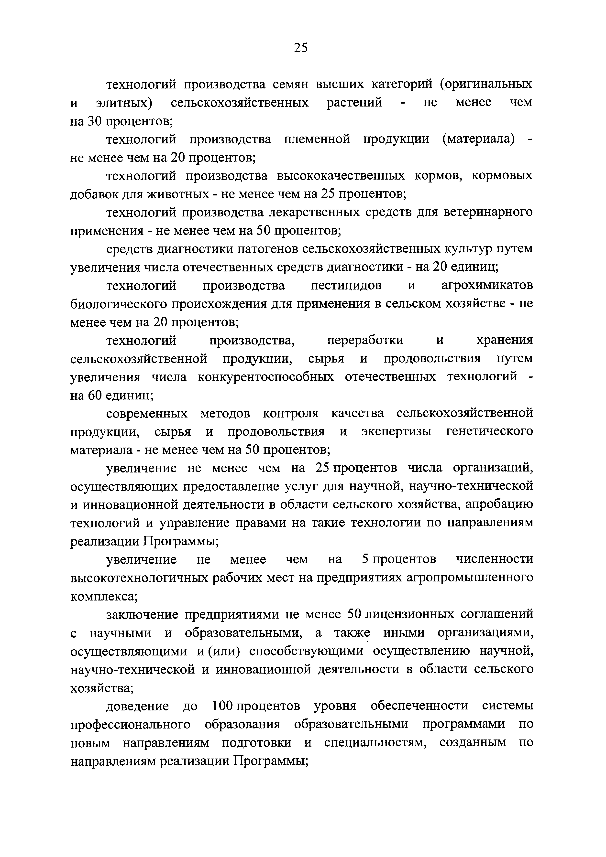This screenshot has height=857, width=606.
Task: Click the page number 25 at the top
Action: (301, 48)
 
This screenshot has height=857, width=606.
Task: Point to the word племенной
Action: (317, 139)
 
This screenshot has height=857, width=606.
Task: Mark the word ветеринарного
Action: (488, 212)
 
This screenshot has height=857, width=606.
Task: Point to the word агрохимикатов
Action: (487, 286)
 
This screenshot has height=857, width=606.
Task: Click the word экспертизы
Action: (396, 432)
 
